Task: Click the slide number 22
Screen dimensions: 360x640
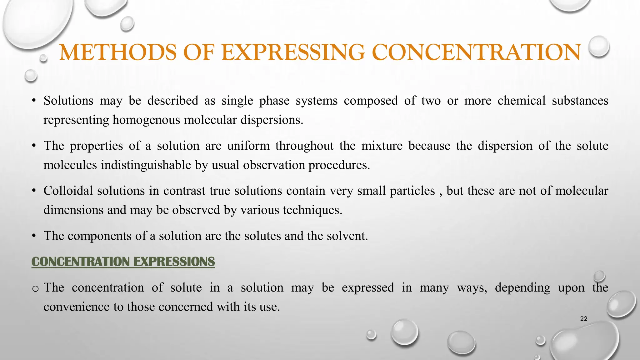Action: point(583,319)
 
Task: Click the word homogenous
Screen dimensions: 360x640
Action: point(146,120)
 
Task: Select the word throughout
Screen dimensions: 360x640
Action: point(304,146)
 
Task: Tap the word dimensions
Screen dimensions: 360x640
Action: point(73,210)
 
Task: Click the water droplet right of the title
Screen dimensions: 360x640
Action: point(598,46)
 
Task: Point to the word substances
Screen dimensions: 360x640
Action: point(580,101)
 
